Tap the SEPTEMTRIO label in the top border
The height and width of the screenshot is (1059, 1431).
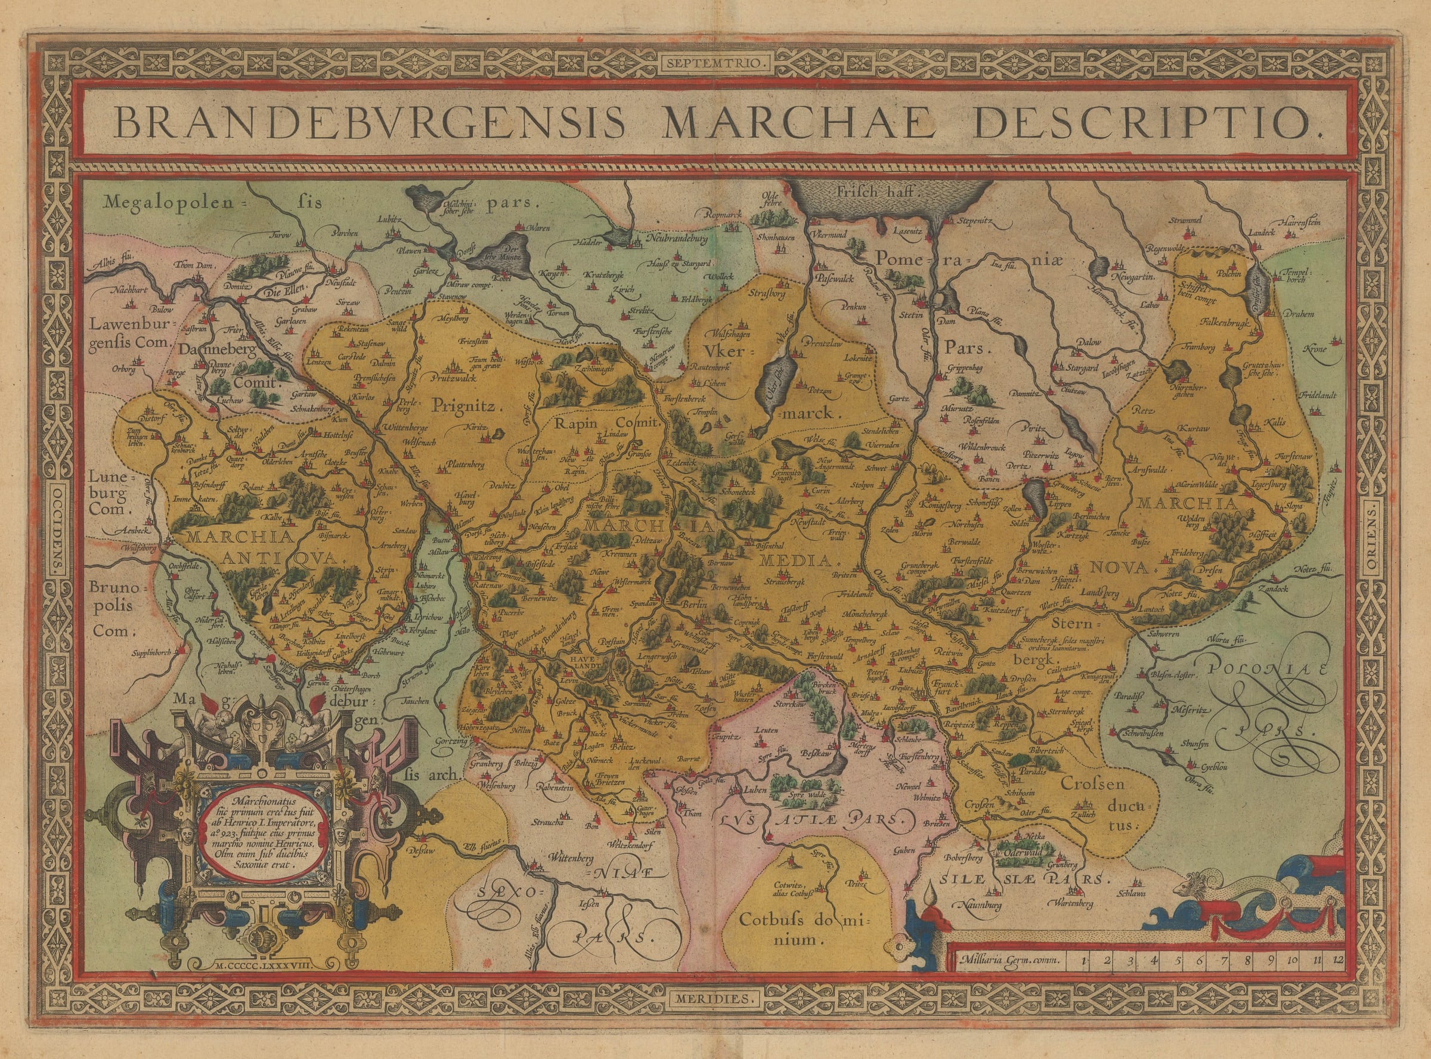click(x=715, y=63)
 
